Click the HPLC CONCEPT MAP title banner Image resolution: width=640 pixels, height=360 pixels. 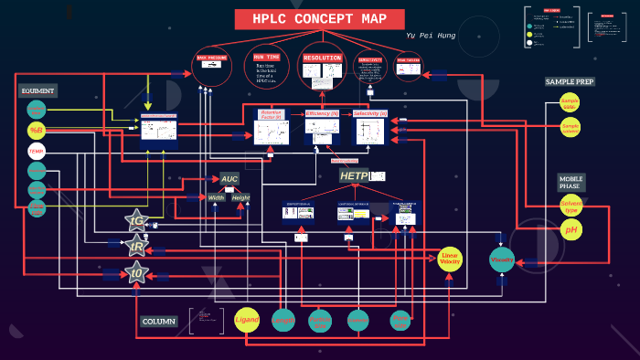319,19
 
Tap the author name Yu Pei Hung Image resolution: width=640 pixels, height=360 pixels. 430,35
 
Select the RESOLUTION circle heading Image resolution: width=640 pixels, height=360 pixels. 322,58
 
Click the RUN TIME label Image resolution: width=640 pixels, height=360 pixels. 267,58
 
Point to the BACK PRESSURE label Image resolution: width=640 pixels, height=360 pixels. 211,58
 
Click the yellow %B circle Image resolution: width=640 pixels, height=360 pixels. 37,130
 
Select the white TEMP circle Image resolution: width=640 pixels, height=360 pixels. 37,150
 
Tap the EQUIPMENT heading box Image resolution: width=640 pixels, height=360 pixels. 38,90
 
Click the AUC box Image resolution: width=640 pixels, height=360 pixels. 229,179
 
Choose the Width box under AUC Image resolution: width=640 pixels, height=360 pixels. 217,197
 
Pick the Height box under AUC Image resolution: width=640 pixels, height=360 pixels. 240,197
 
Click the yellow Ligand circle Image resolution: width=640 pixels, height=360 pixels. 248,320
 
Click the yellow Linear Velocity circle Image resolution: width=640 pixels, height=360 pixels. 450,259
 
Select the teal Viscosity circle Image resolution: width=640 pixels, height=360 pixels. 502,259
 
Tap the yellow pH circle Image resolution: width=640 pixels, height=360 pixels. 571,230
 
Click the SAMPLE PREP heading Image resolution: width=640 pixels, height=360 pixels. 570,81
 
